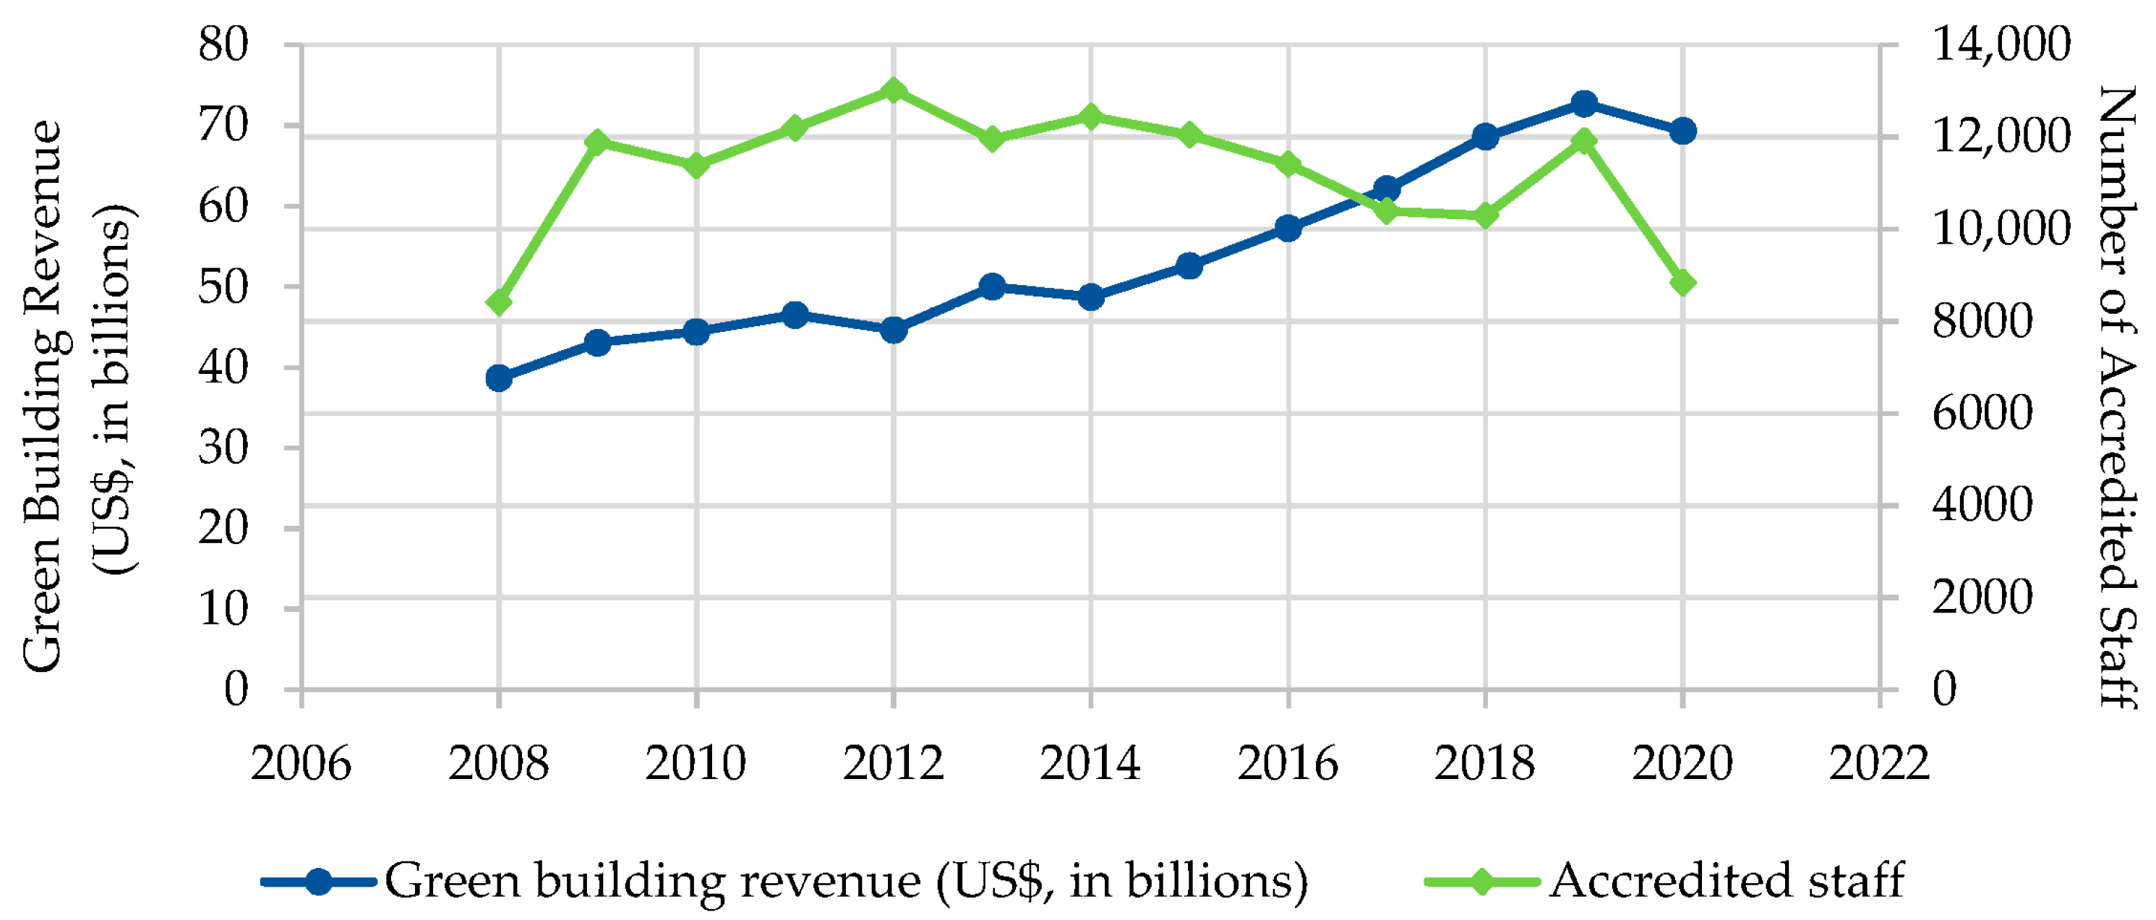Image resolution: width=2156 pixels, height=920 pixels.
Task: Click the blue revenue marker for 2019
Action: (1583, 104)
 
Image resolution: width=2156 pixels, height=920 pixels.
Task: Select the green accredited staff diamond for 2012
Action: (893, 90)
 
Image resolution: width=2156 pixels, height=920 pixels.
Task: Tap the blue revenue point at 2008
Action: (499, 378)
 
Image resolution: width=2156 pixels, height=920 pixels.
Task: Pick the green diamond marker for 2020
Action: (1682, 283)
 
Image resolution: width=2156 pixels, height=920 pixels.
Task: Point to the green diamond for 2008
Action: (499, 302)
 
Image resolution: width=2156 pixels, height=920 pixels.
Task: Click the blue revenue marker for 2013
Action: (992, 286)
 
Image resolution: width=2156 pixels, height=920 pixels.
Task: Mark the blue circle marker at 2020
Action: (1682, 131)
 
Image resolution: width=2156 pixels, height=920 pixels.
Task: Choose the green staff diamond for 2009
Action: (596, 140)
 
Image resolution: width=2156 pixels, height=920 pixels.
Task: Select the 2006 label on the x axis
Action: (301, 762)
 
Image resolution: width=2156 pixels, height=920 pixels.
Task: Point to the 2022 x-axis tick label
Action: (1880, 762)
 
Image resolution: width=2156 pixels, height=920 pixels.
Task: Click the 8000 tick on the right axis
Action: (1982, 320)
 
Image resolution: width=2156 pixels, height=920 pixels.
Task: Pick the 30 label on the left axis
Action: (223, 448)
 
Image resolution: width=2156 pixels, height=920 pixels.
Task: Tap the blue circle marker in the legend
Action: (319, 882)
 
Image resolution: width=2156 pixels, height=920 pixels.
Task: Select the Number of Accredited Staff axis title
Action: (2118, 398)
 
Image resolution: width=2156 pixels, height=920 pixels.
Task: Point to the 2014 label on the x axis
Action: (1090, 762)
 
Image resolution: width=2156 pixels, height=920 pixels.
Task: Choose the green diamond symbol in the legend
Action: (1481, 882)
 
